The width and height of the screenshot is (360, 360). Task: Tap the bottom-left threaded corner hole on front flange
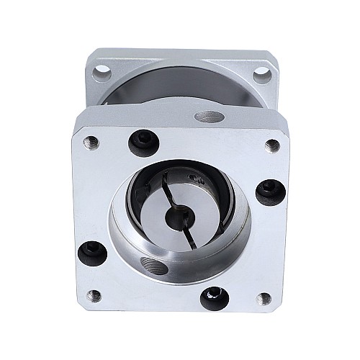94,293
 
